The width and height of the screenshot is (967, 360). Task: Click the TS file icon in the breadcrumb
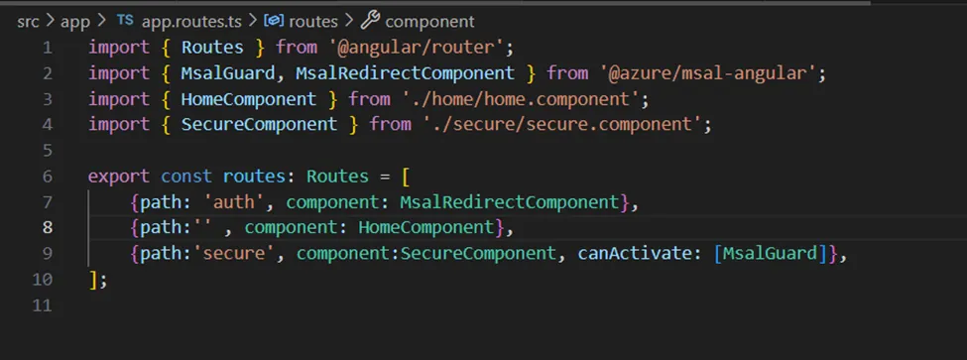pyautogui.click(x=126, y=20)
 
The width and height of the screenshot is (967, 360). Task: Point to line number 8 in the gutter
pyautogui.click(x=46, y=227)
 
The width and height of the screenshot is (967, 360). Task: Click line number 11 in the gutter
pyautogui.click(x=42, y=304)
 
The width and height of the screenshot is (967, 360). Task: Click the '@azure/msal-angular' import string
pyautogui.click(x=712, y=72)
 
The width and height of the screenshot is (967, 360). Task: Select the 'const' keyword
pyautogui.click(x=185, y=176)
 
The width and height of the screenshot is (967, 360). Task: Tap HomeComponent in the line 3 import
pyautogui.click(x=248, y=98)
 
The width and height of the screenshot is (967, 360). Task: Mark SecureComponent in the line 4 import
pyautogui.click(x=259, y=124)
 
